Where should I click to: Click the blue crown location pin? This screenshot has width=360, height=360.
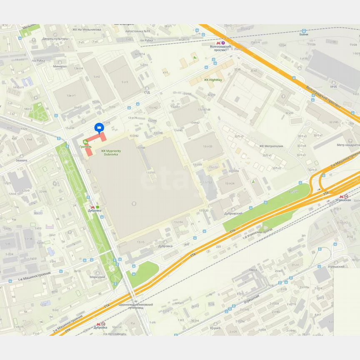pos(99,127)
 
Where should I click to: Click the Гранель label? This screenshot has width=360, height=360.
pos(85,147)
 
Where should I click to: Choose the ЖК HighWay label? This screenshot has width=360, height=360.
pos(212,80)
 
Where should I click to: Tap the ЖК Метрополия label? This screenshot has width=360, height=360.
pos(271,146)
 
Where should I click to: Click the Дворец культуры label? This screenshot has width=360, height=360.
pos(55,39)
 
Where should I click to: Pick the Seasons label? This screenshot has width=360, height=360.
pos(22,160)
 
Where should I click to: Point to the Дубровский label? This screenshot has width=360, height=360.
pos(233,213)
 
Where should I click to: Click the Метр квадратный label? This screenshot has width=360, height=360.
pos(348,145)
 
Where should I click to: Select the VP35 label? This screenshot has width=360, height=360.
pos(333,87)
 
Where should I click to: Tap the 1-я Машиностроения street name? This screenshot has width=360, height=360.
pos(34,275)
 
